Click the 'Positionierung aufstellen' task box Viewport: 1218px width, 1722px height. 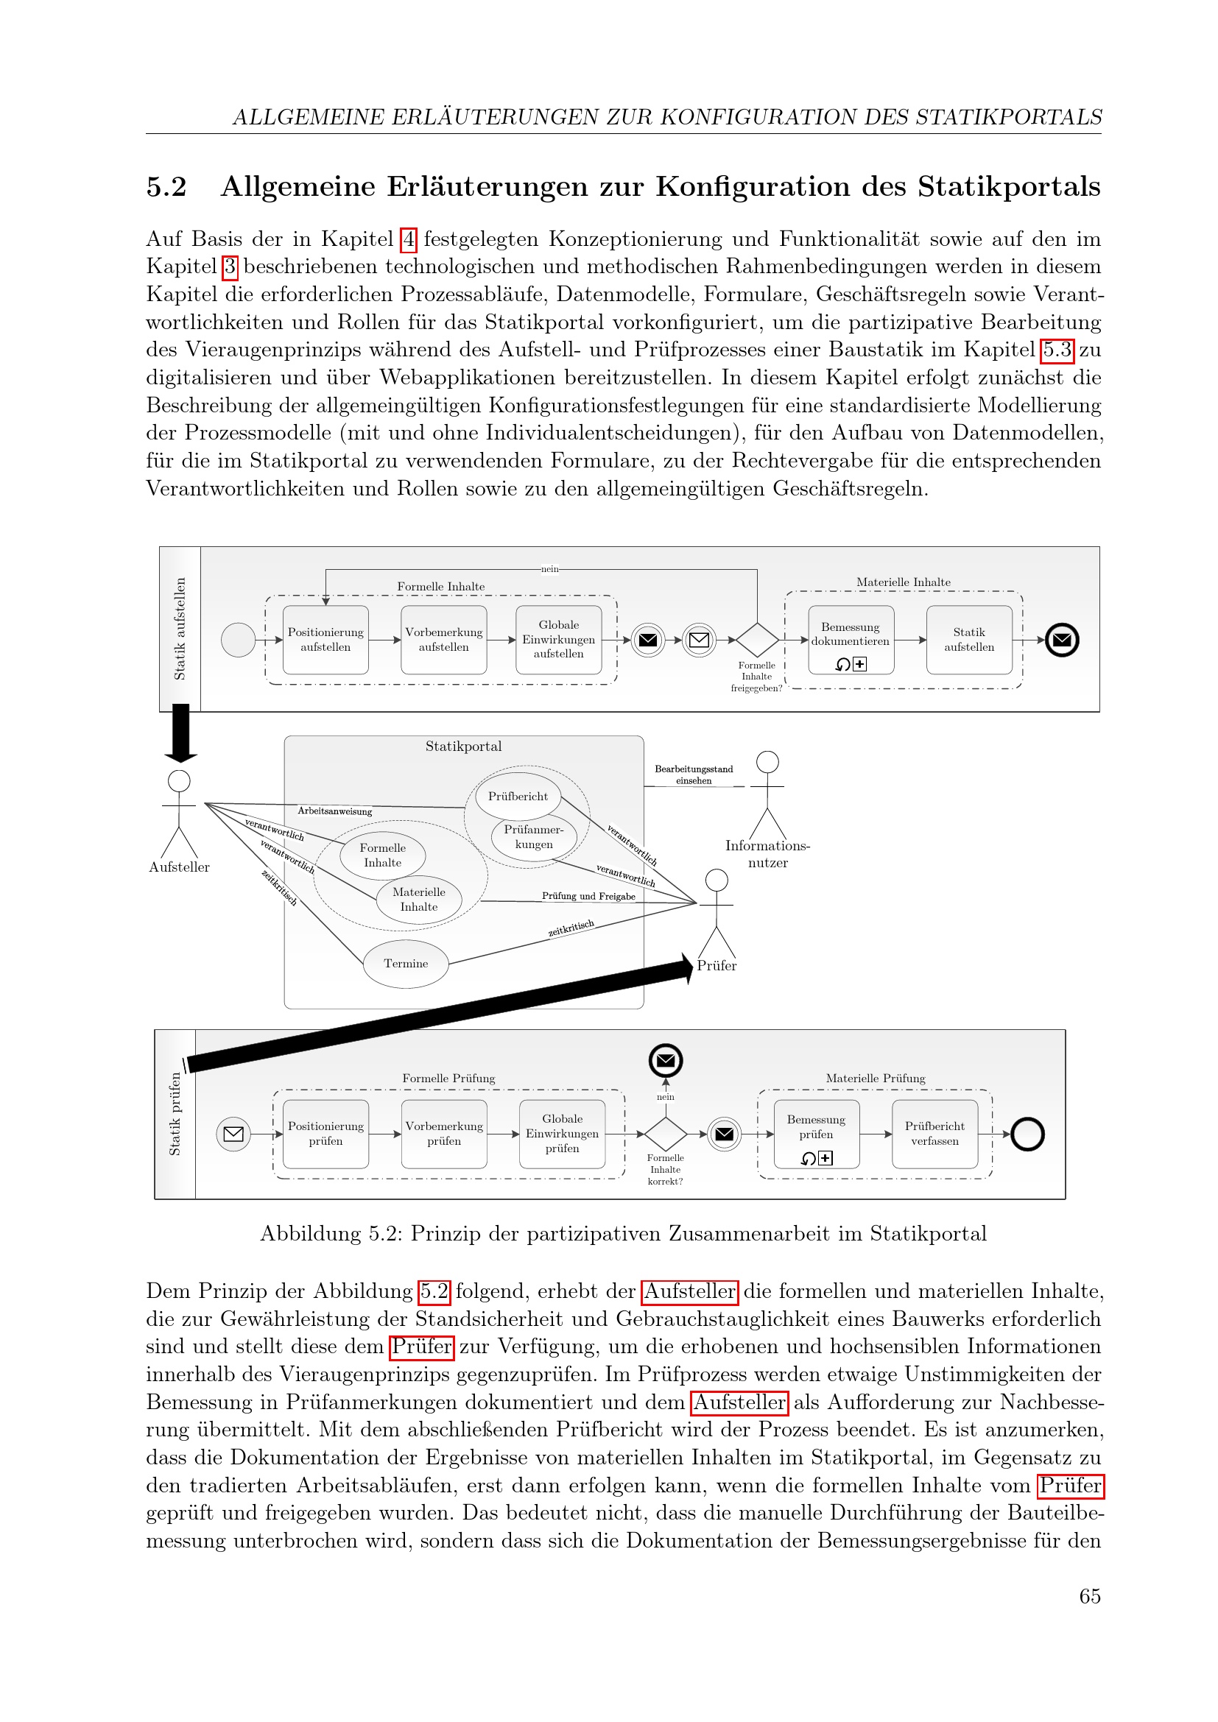point(325,640)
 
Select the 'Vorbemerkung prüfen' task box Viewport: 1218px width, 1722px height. point(444,1133)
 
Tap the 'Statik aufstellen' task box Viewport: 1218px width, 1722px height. point(969,640)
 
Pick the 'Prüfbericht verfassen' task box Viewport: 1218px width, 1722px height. point(934,1133)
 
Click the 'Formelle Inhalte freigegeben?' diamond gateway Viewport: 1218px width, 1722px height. point(757,640)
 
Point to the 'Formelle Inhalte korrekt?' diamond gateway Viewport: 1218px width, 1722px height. point(665,1133)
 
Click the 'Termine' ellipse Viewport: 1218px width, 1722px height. point(406,964)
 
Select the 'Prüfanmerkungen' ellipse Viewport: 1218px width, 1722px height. point(534,837)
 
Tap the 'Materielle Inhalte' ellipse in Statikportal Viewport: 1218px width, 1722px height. point(418,899)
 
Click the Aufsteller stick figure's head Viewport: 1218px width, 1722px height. point(178,780)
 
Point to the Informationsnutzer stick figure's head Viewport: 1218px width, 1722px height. point(767,762)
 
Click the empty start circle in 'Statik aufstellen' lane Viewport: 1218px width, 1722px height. point(238,640)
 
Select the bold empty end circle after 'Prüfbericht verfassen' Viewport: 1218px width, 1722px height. point(1027,1134)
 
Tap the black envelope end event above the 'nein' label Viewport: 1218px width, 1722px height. point(665,1060)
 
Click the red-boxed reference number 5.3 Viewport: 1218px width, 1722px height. point(1057,350)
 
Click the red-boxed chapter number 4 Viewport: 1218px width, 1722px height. point(409,239)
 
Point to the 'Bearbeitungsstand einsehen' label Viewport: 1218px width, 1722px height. point(694,774)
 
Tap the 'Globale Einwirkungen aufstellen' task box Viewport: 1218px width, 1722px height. point(559,640)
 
